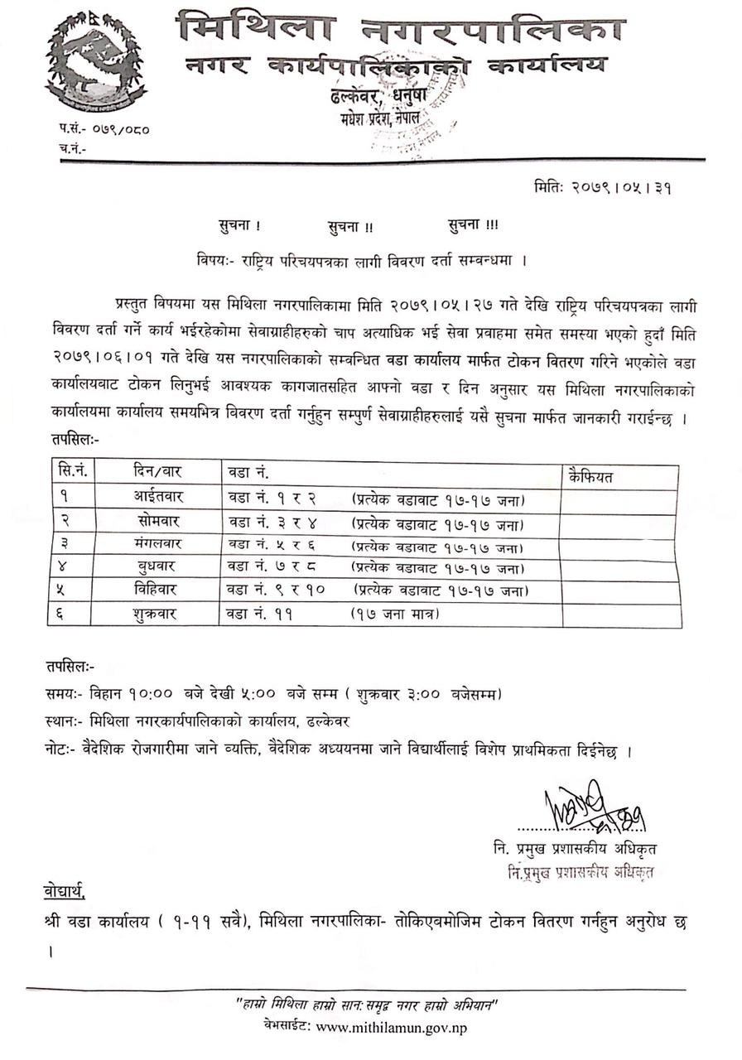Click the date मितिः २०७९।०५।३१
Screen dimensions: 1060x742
[x=603, y=187]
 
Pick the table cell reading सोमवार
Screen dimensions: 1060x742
[x=159, y=523]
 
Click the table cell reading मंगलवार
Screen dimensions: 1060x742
[x=159, y=545]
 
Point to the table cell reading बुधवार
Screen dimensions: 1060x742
[x=159, y=567]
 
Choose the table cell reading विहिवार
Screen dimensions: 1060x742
[x=159, y=590]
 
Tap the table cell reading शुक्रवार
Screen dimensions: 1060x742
[x=159, y=614]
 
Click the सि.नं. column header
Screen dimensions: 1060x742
[x=73, y=471]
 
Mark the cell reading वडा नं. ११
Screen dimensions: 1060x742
[x=258, y=614]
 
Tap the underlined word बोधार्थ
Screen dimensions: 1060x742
[x=64, y=892]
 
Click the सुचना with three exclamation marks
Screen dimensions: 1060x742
[x=473, y=224]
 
